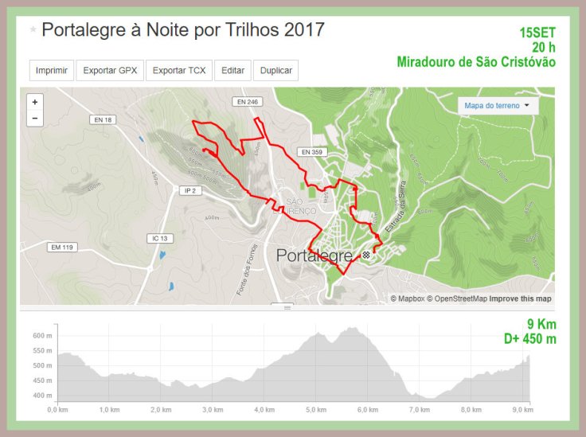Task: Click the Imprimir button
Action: pyautogui.click(x=53, y=70)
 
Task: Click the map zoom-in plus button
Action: pyautogui.click(x=34, y=102)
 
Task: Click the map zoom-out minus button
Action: pyautogui.click(x=34, y=119)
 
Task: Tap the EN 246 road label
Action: pyautogui.click(x=247, y=102)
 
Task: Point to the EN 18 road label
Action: pyautogui.click(x=104, y=119)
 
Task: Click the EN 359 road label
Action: pyautogui.click(x=310, y=151)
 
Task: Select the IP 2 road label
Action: pyautogui.click(x=189, y=190)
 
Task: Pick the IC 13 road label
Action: pyautogui.click(x=160, y=238)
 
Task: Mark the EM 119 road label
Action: pyautogui.click(x=62, y=248)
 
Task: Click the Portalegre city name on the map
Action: pyautogui.click(x=314, y=256)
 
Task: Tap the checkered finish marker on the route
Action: pyautogui.click(x=365, y=255)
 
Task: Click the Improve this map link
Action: pyautogui.click(x=520, y=298)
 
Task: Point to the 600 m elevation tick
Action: pyautogui.click(x=42, y=336)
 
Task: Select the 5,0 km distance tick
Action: pyautogui.click(x=315, y=409)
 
